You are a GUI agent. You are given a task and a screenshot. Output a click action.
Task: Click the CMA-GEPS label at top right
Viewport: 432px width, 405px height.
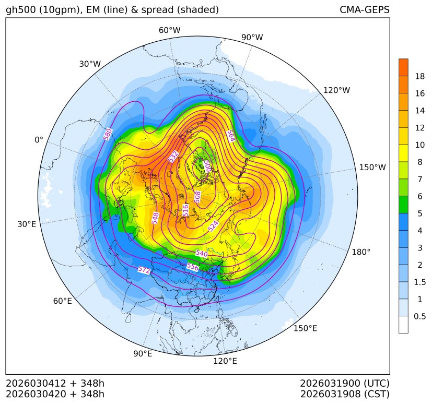coord(364,10)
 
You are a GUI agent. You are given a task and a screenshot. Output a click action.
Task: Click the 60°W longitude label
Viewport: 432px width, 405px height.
coord(169,30)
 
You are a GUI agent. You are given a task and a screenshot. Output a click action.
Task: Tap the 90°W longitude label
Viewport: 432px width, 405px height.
coord(252,37)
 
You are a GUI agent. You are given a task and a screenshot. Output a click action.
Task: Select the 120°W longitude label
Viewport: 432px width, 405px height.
coord(337,90)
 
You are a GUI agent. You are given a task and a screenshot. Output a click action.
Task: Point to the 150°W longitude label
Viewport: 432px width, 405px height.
coord(372,168)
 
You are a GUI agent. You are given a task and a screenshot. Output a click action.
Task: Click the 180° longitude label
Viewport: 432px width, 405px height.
coord(361,252)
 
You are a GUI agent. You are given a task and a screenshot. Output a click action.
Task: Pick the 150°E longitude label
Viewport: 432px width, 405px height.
coord(305,328)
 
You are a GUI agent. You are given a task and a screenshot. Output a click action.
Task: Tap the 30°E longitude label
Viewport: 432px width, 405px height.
coord(27,224)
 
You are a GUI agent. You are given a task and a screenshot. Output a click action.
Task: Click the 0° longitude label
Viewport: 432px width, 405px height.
coord(39,140)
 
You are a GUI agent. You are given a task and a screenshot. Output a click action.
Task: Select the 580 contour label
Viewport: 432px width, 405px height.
coord(108,134)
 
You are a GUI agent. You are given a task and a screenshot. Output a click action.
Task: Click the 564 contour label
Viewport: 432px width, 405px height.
coord(231,135)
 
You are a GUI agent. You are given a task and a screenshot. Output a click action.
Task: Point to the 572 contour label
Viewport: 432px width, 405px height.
coord(144,270)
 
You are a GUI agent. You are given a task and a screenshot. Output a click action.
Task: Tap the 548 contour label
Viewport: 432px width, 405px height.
coord(155,218)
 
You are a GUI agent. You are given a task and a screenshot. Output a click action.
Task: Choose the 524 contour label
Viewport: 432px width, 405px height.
coord(214,226)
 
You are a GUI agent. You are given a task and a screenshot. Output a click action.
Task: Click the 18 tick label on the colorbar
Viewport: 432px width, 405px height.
coord(419,76)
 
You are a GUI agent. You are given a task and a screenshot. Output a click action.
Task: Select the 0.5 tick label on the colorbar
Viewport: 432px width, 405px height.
coord(419,316)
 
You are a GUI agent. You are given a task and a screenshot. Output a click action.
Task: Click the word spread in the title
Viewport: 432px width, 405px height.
coord(136,10)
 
